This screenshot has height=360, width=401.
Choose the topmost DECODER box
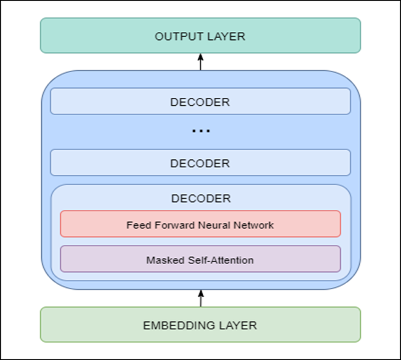pos(200,102)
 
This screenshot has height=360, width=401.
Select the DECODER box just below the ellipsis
pos(200,163)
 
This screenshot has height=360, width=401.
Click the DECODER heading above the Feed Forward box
pos(200,198)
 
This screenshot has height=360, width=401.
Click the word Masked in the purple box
pos(163,260)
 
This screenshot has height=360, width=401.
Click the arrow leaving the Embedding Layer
pos(200,297)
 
